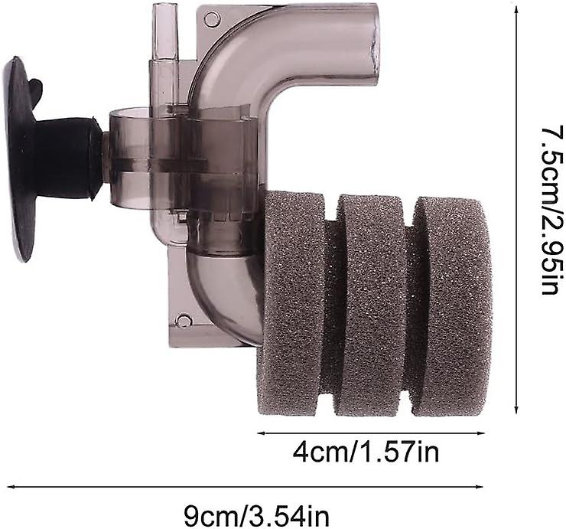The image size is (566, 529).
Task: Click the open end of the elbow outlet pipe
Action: pyautogui.click(x=373, y=45)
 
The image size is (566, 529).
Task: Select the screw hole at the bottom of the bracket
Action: pyautogui.click(x=184, y=321)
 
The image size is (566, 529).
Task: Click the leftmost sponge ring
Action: pyautogui.click(x=292, y=303)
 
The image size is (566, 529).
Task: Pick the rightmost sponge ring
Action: pyautogui.click(x=452, y=305)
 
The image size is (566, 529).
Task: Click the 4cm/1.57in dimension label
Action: pyautogui.click(x=366, y=452)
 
